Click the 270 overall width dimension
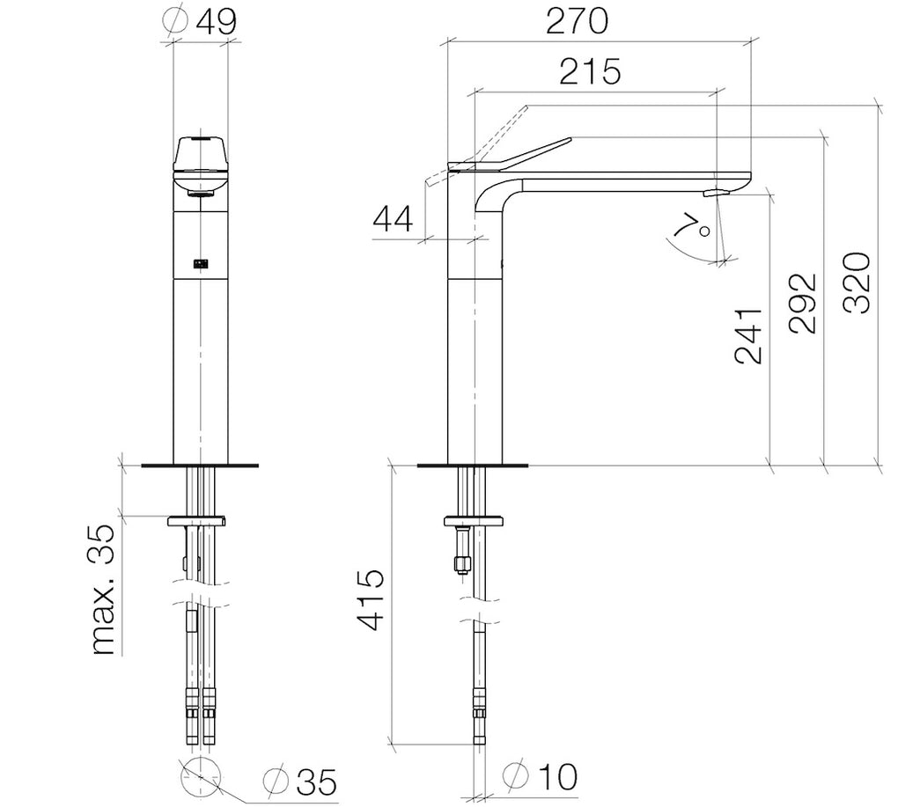[576, 21]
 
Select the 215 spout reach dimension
[589, 71]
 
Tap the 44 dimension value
[393, 220]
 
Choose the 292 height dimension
[802, 303]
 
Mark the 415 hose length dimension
[372, 600]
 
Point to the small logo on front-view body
[201, 261]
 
